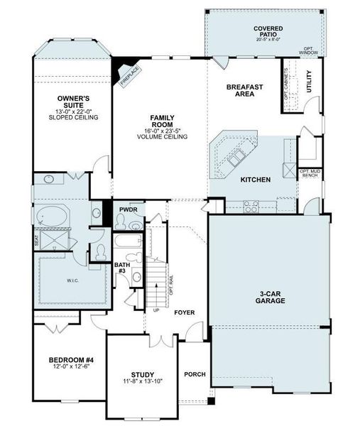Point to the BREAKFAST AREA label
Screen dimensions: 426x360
246,90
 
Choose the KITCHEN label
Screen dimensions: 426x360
256,180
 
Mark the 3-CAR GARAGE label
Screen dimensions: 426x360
271,297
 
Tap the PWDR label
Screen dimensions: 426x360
129,210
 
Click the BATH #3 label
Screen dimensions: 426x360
122,268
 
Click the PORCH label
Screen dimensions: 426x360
195,374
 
